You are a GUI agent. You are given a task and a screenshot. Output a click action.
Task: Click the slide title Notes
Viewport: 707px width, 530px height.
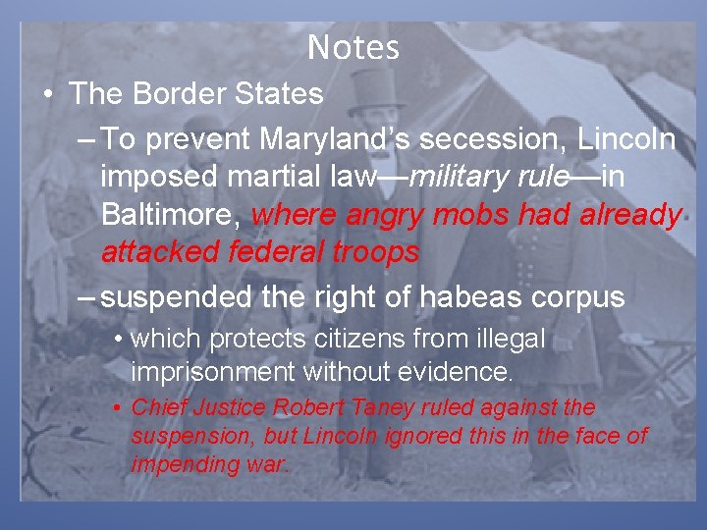353,47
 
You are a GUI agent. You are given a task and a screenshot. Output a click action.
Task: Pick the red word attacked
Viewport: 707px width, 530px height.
161,252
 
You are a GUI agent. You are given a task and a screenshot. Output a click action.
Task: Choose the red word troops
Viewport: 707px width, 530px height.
375,252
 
